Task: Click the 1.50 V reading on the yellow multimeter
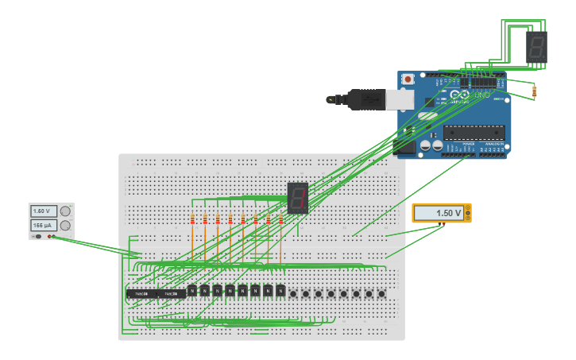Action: coord(438,213)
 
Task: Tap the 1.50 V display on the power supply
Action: coord(43,211)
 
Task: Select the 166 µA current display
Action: coord(43,226)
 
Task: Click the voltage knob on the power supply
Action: coord(65,211)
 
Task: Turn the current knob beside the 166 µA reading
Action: coord(65,226)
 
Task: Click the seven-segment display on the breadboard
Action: coord(297,197)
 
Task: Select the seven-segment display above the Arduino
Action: coord(537,47)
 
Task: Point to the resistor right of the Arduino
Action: coord(534,92)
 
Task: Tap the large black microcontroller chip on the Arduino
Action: coord(474,132)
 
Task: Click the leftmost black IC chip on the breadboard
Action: coord(141,294)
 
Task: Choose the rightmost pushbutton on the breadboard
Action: coord(381,293)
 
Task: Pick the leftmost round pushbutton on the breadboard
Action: coord(293,293)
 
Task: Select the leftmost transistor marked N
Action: coord(192,291)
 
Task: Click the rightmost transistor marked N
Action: coord(280,291)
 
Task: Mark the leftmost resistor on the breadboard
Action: coord(192,219)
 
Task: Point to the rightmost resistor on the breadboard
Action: coord(280,219)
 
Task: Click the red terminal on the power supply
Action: coord(52,237)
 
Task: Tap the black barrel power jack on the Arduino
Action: coord(406,146)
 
